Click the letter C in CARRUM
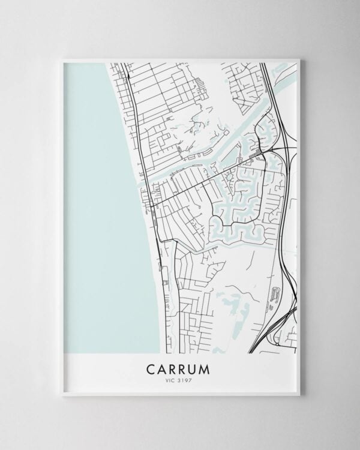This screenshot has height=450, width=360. click(x=148, y=366)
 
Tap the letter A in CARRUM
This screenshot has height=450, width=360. click(x=161, y=366)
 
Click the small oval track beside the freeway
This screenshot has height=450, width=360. click(x=275, y=293)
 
